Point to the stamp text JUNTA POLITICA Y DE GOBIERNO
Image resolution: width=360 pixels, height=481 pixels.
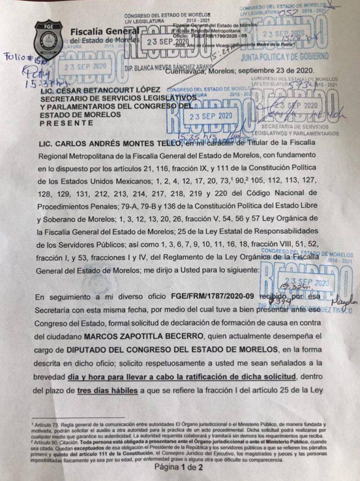point(284,57)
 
